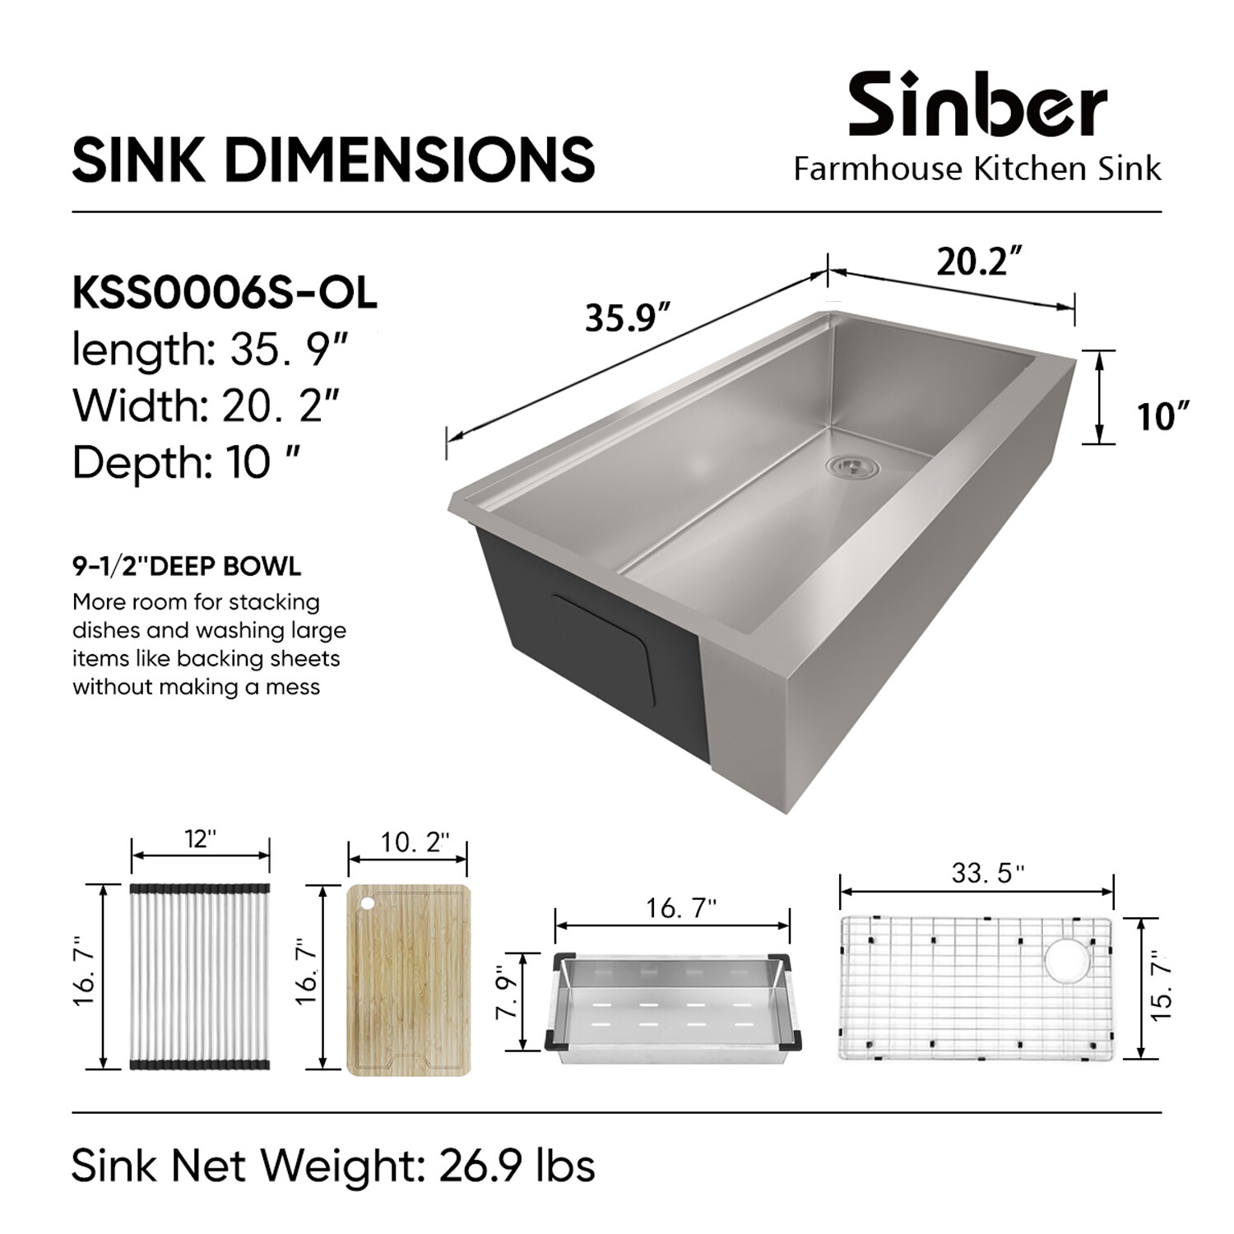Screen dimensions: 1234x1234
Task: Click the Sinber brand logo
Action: coord(977,104)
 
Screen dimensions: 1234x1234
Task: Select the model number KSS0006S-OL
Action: coord(225,293)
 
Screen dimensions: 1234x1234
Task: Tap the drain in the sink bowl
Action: coord(852,466)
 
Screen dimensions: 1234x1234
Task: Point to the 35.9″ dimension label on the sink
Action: coord(628,317)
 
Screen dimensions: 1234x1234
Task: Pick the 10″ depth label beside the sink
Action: coord(1163,416)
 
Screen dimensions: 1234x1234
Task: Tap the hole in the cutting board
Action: coord(366,903)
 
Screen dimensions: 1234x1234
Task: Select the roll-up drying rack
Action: coord(200,977)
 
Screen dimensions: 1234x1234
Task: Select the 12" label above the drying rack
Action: coord(200,838)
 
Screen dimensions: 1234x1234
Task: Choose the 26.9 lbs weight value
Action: coord(517,1166)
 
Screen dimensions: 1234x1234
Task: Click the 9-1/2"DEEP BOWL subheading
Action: coord(187,566)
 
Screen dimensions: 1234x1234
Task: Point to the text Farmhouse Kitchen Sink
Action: coord(977,169)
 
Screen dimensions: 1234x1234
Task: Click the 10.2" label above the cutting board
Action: coord(415,843)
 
